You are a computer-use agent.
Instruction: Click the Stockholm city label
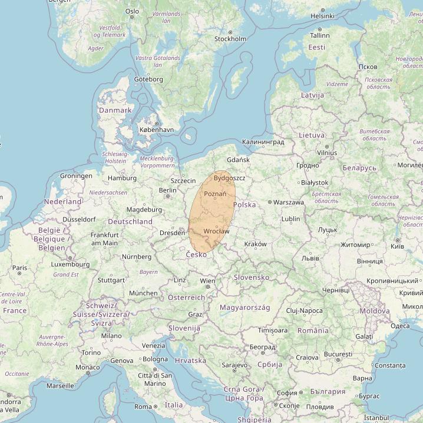pyautogui.click(x=230, y=39)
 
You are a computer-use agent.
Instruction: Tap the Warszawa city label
pyautogui.click(x=289, y=202)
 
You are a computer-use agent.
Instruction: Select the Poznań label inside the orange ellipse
pyautogui.click(x=214, y=194)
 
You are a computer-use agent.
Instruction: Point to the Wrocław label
pyautogui.click(x=216, y=231)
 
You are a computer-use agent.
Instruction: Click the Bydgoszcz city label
pyautogui.click(x=230, y=177)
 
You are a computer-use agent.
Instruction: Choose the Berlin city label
pyautogui.click(x=167, y=190)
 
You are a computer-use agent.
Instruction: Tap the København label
pyautogui.click(x=156, y=130)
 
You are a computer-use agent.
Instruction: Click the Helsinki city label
pyautogui.click(x=322, y=16)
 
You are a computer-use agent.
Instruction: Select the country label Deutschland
pyautogui.click(x=130, y=222)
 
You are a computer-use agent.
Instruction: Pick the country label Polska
pyautogui.click(x=244, y=204)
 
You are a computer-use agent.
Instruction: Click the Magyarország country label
pyautogui.click(x=244, y=308)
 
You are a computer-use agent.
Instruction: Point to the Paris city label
pyautogui.click(x=20, y=267)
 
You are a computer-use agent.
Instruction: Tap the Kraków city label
pyautogui.click(x=255, y=244)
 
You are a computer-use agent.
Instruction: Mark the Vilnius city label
pyautogui.click(x=326, y=153)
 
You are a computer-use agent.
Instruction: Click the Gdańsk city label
pyautogui.click(x=238, y=160)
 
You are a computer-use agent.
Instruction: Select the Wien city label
pyautogui.click(x=207, y=281)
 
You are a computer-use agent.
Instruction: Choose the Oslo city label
pyautogui.click(x=132, y=11)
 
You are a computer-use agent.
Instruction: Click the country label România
pyautogui.click(x=313, y=331)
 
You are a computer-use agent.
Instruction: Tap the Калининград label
pyautogui.click(x=263, y=142)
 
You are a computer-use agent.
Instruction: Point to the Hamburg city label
pyautogui.click(x=122, y=178)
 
